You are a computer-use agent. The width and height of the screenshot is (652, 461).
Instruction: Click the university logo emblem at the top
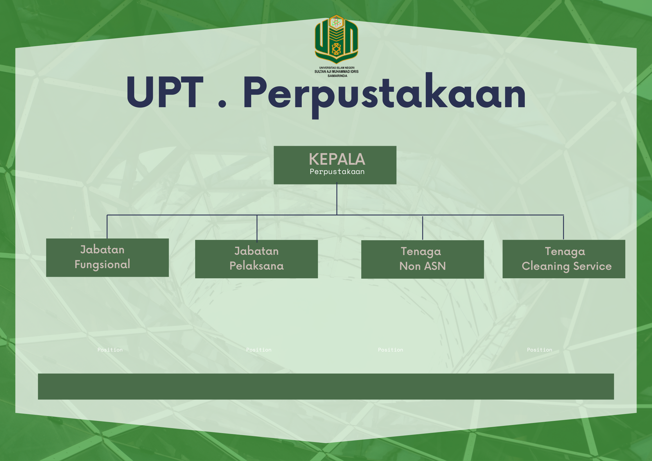[336, 39]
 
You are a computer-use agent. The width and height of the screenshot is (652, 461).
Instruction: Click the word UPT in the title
[165, 92]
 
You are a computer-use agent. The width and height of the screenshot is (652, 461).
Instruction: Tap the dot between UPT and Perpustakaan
[222, 103]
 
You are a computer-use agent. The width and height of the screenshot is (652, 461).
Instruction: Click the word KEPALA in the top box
[337, 159]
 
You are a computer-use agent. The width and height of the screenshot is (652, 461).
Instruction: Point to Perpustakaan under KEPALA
[337, 172]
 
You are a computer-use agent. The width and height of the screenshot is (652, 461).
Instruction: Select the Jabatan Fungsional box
[107, 258]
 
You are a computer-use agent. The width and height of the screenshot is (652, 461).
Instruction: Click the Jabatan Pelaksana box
[256, 259]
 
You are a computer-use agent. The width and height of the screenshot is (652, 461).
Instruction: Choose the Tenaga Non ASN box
[423, 259]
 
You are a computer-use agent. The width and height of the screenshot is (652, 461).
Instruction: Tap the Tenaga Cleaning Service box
[564, 259]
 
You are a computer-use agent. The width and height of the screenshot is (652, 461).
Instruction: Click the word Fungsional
[102, 265]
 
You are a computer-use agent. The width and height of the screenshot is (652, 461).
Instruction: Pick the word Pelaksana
[256, 266]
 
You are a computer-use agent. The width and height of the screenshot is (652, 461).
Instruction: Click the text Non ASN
[423, 266]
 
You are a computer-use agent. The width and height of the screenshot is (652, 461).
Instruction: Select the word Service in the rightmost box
[592, 266]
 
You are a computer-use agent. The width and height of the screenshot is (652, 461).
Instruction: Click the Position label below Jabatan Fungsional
[110, 350]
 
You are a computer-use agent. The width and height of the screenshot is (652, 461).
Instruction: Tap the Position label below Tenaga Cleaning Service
[540, 350]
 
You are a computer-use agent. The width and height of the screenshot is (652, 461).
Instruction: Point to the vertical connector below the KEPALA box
[337, 199]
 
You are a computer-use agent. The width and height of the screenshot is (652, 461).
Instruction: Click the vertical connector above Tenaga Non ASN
[423, 228]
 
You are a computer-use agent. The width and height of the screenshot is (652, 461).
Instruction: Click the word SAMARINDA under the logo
[337, 76]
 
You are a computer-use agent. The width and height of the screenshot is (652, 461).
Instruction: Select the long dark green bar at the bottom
[326, 386]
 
